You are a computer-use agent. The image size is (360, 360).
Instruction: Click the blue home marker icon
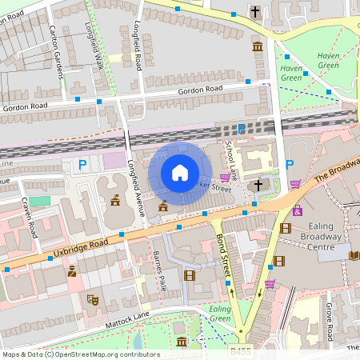click(179, 173)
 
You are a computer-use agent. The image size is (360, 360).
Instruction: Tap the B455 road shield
click(239, 349)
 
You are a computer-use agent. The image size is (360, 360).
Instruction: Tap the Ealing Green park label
click(220, 314)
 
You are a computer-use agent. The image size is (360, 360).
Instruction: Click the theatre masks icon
click(93, 300)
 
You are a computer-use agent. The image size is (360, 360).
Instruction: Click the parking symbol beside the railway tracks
click(242, 129)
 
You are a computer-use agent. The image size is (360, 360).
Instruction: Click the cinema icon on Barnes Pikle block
click(189, 275)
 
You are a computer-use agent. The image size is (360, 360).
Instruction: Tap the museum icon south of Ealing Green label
click(181, 342)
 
